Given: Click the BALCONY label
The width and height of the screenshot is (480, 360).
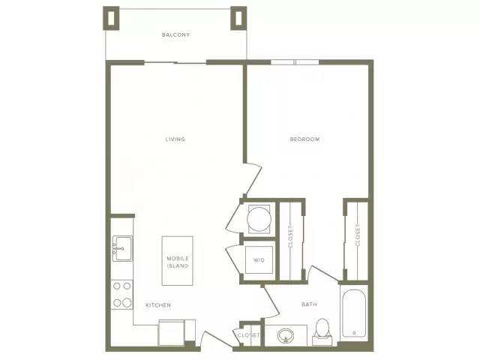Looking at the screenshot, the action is [175, 35].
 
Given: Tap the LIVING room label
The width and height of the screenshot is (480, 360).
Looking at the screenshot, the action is [175, 139].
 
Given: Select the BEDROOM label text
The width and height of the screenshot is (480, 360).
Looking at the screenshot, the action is [305, 139].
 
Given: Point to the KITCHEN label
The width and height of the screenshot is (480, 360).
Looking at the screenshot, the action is [158, 305].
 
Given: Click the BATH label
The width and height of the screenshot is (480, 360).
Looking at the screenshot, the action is [309, 304].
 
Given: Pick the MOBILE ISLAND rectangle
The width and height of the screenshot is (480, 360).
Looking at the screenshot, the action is [178, 261].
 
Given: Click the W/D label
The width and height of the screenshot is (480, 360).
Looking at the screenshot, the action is [259, 260].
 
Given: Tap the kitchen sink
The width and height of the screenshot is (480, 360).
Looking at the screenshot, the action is [122, 248].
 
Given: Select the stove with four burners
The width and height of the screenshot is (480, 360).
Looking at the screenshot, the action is [121, 295].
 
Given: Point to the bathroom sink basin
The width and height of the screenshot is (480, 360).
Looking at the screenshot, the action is [286, 336].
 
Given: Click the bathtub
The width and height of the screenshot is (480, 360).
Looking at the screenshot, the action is [354, 313].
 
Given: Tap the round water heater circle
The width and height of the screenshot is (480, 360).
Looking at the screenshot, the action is [259, 219].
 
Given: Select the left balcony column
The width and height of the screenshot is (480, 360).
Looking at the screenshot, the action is [111, 18].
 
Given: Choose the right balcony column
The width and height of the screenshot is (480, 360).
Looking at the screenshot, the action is [238, 18].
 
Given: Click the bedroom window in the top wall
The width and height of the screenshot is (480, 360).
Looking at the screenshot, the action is [295, 62].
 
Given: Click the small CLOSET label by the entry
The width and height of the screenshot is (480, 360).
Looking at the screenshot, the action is [248, 335].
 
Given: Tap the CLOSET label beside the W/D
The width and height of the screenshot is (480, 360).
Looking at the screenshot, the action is [290, 237].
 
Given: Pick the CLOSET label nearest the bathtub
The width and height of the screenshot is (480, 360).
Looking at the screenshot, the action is [358, 235].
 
